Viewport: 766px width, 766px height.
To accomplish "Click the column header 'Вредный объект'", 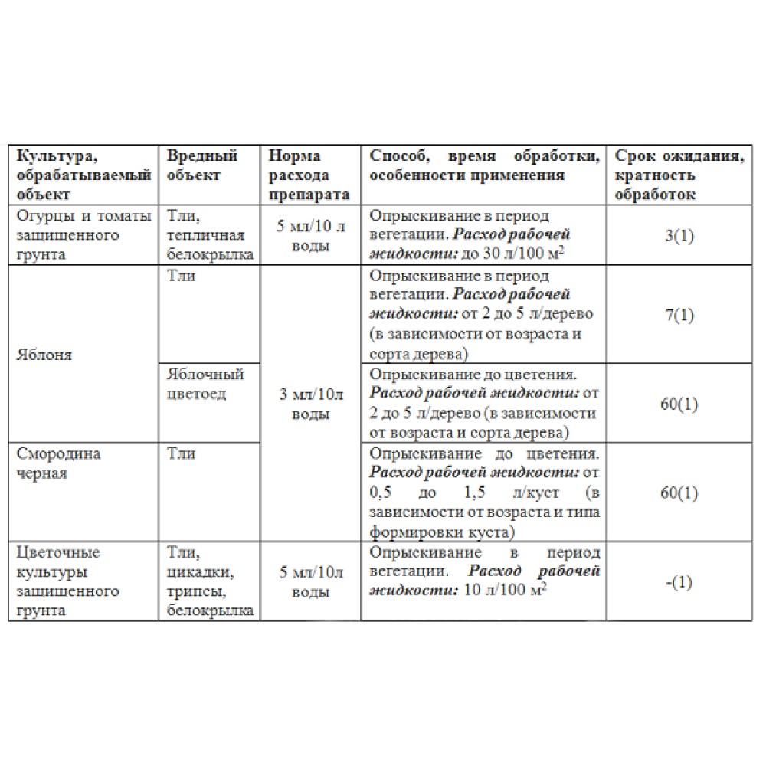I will pyautogui.click(x=202, y=165).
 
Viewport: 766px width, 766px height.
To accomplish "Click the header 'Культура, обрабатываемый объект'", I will pyautogui.click(x=82, y=175).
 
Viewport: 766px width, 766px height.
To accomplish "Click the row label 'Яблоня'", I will pyautogui.click(x=44, y=355).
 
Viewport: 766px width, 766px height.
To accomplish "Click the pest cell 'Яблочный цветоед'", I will pyautogui.click(x=205, y=384).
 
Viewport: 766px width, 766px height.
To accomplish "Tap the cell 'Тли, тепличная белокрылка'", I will pyautogui.click(x=208, y=235).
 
